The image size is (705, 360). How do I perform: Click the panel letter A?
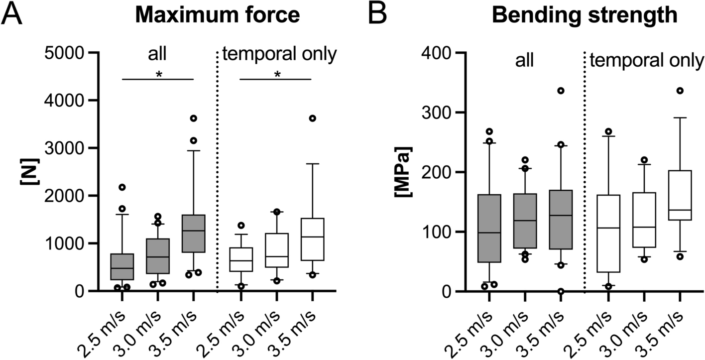coord(13,15)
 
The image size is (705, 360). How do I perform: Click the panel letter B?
coord(377,15)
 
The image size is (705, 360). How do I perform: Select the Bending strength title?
coord(585,15)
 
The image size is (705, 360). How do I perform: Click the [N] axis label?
coord(25,172)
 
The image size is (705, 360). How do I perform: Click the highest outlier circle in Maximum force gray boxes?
coord(194,118)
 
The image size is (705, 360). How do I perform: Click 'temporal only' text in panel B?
coord(646,61)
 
